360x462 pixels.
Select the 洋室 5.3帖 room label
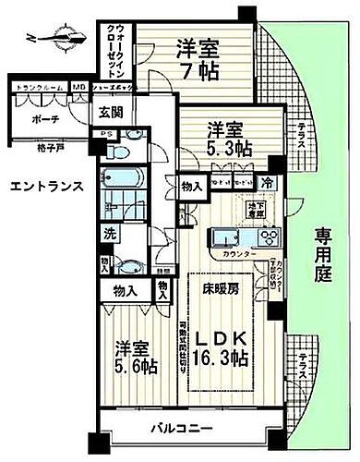tap(226, 138)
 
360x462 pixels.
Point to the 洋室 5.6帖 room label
tap(135, 357)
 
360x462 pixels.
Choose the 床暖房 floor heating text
tap(221, 289)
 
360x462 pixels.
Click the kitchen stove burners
tap(269, 237)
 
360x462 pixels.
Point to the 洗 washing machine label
tap(108, 234)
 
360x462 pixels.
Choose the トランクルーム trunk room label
tap(38, 87)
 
